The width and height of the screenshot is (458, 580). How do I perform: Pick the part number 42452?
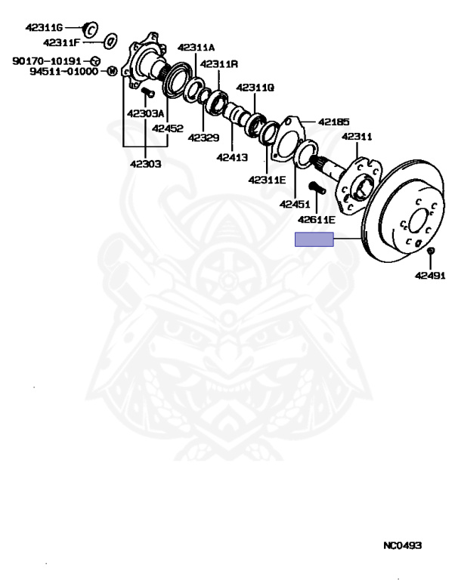167,128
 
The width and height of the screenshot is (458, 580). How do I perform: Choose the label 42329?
204,137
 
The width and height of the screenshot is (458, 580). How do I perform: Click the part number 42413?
231,158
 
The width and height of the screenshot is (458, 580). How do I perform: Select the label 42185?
333,121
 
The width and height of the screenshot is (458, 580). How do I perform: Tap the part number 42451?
295,203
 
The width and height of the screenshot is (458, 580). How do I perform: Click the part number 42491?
429,276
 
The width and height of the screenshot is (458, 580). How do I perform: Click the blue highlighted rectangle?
314,240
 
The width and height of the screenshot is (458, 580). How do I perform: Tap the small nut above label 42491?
430,251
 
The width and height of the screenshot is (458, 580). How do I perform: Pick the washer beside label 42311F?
108,41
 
